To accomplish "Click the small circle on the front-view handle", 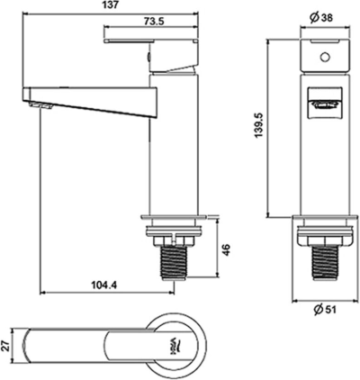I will tap(321, 56).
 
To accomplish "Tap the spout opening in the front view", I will tap(321, 105).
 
